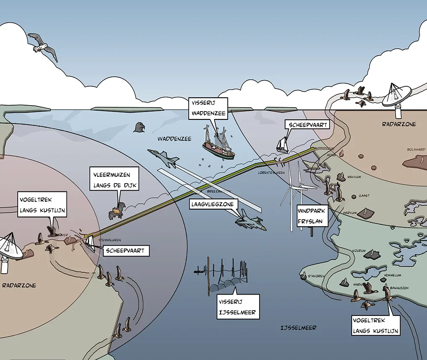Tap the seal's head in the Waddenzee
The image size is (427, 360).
tap(139, 127)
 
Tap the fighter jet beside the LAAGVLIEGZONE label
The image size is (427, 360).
tap(250, 221)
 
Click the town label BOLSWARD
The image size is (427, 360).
tap(416, 149)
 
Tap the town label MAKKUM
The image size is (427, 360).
tap(354, 177)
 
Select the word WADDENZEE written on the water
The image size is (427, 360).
tap(172, 138)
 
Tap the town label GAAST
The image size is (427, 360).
tap(364, 196)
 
